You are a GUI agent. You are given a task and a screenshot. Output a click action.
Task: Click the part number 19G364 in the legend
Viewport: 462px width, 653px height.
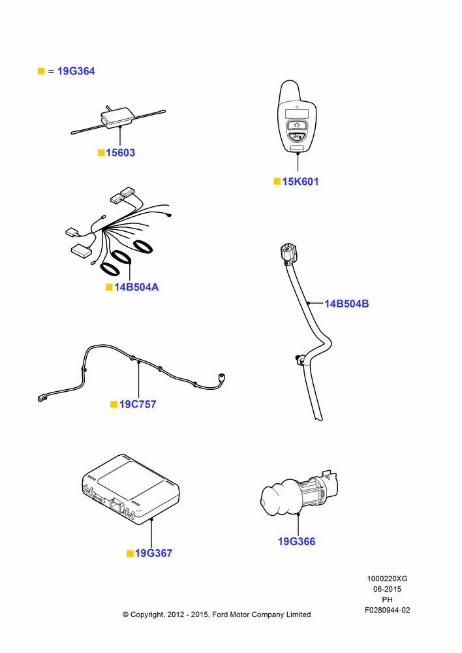tap(76, 71)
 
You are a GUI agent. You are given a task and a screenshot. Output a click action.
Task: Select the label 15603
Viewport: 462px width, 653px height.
tap(120, 153)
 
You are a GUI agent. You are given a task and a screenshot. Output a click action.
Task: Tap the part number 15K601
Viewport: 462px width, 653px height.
tap(300, 182)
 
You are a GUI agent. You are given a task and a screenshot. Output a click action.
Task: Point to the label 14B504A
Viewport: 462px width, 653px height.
tap(136, 287)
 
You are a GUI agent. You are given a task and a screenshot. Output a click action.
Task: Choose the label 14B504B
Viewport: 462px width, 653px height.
tap(346, 304)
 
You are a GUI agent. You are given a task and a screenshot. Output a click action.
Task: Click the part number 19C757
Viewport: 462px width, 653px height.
tap(138, 404)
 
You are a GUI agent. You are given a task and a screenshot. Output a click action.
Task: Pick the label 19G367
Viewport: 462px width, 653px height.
tap(153, 553)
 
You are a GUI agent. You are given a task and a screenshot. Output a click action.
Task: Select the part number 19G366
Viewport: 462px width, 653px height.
tap(296, 541)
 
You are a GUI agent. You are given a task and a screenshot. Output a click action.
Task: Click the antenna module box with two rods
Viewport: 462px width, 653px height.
tap(118, 117)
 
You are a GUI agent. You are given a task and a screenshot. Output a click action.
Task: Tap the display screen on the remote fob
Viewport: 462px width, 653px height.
tap(297, 114)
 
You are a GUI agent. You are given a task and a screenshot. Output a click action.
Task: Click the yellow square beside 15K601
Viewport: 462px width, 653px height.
tap(277, 181)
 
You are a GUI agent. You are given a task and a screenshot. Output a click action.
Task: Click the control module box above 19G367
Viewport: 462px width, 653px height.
tap(131, 488)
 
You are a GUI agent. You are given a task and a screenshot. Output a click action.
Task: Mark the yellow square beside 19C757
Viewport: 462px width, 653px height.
tap(114, 404)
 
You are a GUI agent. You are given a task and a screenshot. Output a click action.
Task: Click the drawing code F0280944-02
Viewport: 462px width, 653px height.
tap(387, 610)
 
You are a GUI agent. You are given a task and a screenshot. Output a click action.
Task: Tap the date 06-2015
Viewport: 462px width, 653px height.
tap(387, 589)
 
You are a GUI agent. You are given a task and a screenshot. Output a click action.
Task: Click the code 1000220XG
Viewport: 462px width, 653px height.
tap(387, 579)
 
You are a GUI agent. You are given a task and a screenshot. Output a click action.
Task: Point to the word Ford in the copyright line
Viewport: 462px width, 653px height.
tap(220, 614)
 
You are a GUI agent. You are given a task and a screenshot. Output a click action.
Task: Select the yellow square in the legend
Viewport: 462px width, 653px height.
tap(41, 71)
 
